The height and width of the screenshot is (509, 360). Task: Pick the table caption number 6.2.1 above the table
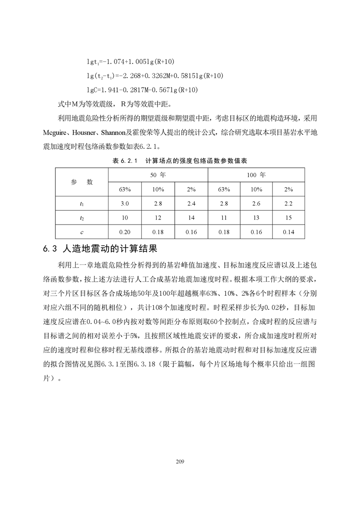point(131,161)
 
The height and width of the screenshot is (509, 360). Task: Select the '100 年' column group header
point(256,174)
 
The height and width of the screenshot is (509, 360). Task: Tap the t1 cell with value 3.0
point(125,204)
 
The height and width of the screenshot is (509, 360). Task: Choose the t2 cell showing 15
point(288,218)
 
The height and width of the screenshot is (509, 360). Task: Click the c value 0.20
point(125,232)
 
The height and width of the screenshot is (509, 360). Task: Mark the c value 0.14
point(288,232)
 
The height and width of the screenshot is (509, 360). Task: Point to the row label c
point(82,232)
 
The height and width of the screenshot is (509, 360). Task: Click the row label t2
point(82,218)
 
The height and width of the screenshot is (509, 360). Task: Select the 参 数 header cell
point(82,181)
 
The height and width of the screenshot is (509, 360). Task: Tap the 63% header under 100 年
point(224,189)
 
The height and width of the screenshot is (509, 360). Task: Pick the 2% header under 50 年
point(191,189)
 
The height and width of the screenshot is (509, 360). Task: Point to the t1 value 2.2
point(288,204)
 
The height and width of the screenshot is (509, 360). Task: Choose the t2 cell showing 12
point(158,218)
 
